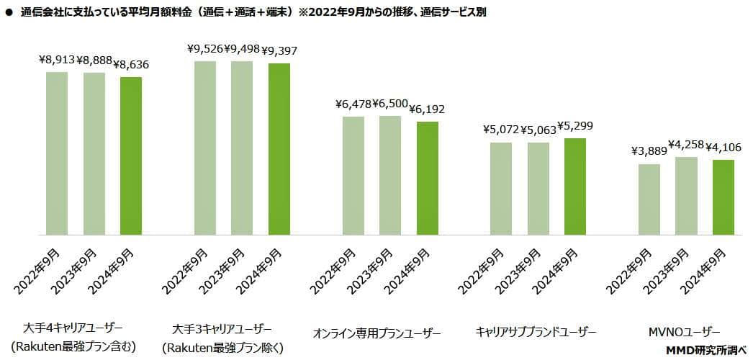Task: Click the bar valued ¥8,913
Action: (x=57, y=153)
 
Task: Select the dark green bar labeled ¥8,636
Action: (x=131, y=156)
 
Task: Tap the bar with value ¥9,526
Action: (x=205, y=148)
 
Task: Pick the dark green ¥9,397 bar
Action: (x=279, y=149)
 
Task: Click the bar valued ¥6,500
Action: (x=390, y=175)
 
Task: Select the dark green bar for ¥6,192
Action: (x=427, y=178)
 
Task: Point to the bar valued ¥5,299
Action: (x=575, y=186)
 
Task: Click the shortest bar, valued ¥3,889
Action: (x=649, y=199)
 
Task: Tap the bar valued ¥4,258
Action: (x=686, y=196)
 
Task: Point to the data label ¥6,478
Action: (x=353, y=104)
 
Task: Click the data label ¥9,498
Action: (x=242, y=49)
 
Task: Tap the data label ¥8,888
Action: (x=94, y=60)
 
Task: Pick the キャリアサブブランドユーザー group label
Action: (x=536, y=332)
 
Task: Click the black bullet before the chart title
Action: (x=9, y=12)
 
